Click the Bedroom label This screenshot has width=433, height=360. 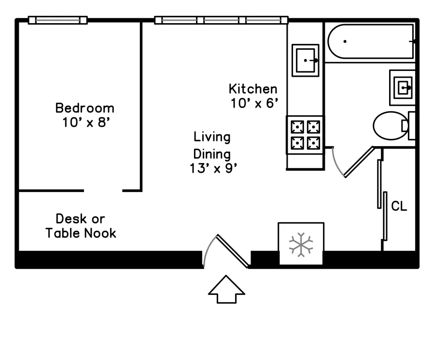(85, 108)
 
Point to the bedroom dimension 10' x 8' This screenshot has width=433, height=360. (86, 122)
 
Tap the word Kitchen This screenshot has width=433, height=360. (253, 89)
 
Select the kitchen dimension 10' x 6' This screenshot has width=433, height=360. (254, 103)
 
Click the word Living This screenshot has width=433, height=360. (212, 137)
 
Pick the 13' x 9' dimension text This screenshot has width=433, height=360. (213, 168)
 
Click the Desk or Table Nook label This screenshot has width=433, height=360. (81, 226)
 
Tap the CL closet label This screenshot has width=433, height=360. (399, 206)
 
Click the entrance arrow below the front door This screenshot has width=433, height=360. (226, 290)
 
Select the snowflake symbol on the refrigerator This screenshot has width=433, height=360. (301, 245)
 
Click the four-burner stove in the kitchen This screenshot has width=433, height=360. (305, 135)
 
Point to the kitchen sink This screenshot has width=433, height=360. (306, 60)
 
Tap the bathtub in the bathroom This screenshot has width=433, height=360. (371, 42)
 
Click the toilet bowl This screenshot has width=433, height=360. (391, 125)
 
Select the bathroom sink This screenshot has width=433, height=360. (403, 88)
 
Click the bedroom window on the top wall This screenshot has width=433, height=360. (58, 20)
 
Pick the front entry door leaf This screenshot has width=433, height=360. (233, 251)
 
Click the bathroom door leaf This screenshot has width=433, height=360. (359, 162)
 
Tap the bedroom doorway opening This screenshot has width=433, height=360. (103, 191)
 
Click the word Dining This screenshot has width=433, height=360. (212, 154)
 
